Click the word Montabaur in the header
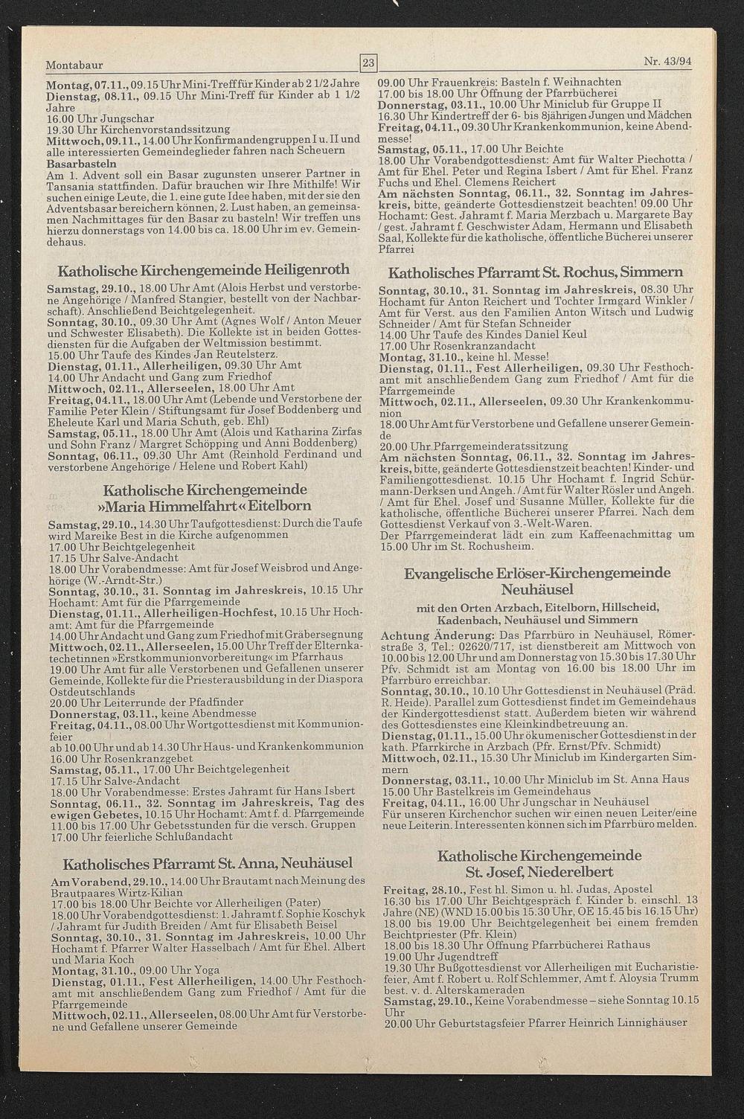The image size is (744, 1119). point(74,65)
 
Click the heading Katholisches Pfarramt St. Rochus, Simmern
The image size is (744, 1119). point(536,272)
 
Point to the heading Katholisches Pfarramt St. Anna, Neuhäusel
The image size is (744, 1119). point(208,864)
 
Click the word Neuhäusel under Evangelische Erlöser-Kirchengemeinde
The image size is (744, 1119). point(536,589)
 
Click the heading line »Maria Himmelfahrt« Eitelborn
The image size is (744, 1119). point(206,506)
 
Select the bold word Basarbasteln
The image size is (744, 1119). point(81,162)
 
